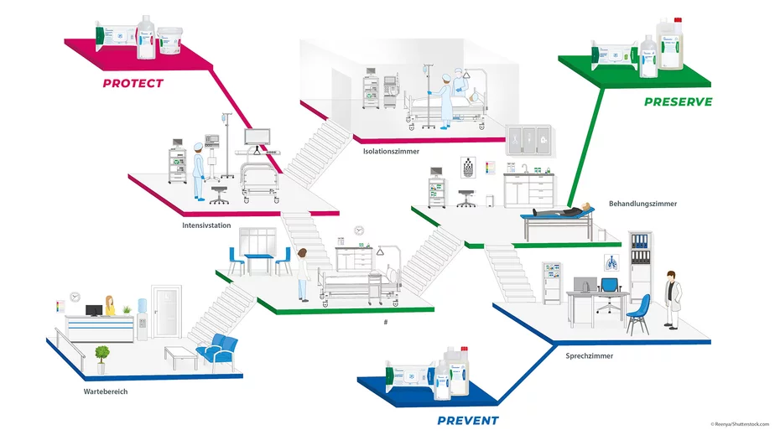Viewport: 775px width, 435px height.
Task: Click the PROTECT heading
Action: point(133,83)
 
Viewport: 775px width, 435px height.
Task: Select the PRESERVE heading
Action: point(678,101)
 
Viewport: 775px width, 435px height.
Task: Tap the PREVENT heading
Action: point(467,420)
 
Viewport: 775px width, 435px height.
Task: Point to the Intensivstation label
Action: point(206,225)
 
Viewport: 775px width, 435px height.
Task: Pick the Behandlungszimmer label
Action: point(642,204)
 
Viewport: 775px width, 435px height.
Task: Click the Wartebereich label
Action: point(106,391)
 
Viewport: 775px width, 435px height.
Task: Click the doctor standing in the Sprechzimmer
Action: point(673,298)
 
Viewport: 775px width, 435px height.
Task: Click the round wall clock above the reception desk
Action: point(75,296)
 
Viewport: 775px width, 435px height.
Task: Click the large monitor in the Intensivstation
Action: point(257,136)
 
